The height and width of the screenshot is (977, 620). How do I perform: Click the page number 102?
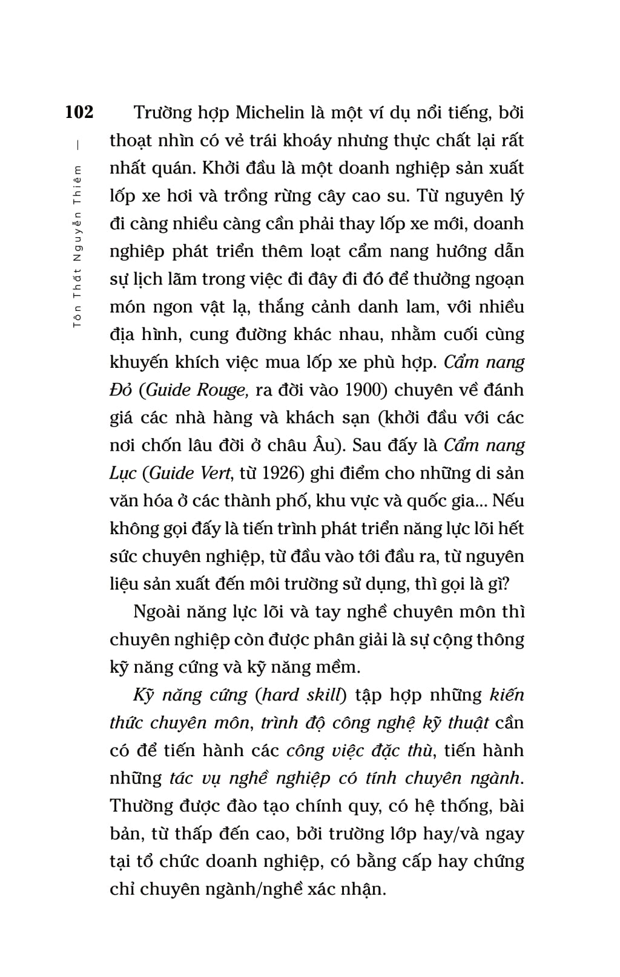point(79,113)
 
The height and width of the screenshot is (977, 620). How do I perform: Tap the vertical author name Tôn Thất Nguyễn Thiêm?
point(77,245)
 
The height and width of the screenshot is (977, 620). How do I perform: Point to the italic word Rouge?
point(220,390)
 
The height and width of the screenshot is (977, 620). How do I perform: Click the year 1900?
point(364,390)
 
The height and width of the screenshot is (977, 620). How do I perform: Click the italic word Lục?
point(123,473)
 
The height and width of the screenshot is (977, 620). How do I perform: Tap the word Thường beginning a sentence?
point(141,806)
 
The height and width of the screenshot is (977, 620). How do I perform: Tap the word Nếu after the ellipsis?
point(509,501)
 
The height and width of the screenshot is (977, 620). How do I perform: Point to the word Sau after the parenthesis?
point(368,445)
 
